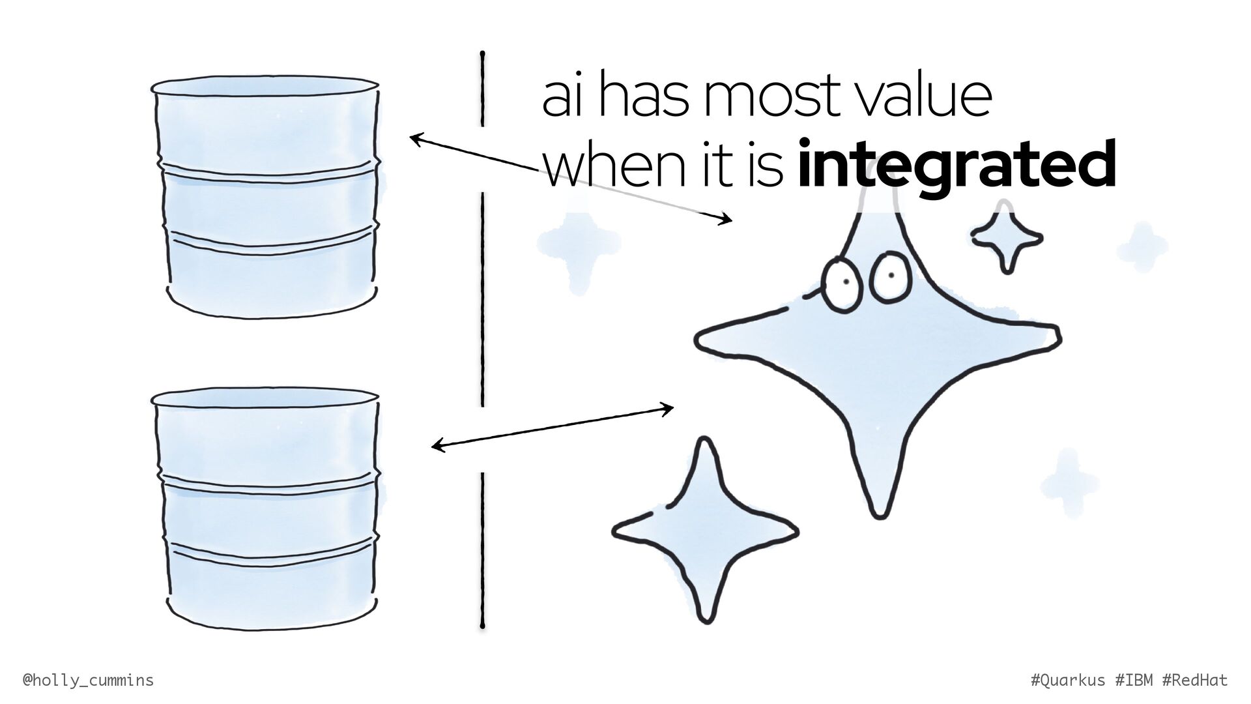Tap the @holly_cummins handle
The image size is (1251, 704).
click(89, 681)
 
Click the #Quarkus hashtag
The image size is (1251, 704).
click(1069, 681)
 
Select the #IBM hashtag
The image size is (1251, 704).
click(1134, 681)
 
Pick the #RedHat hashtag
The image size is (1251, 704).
click(1195, 681)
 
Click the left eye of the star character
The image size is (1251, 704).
click(842, 282)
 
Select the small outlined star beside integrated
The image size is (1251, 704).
click(1007, 239)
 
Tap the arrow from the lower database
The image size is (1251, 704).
click(552, 428)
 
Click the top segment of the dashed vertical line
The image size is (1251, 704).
click(482, 88)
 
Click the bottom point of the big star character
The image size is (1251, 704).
click(879, 502)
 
